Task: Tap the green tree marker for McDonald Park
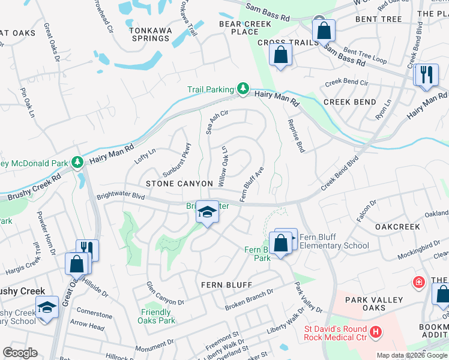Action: tap(77, 162)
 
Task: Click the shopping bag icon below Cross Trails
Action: tap(281, 55)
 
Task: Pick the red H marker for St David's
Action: tap(376, 331)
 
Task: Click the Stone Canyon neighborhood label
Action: tap(179, 183)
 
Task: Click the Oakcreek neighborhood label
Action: tap(397, 227)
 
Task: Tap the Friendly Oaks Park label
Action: tap(158, 316)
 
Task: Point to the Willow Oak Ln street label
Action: tap(223, 166)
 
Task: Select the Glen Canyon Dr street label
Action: tap(166, 293)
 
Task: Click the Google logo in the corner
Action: tap(19, 353)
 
